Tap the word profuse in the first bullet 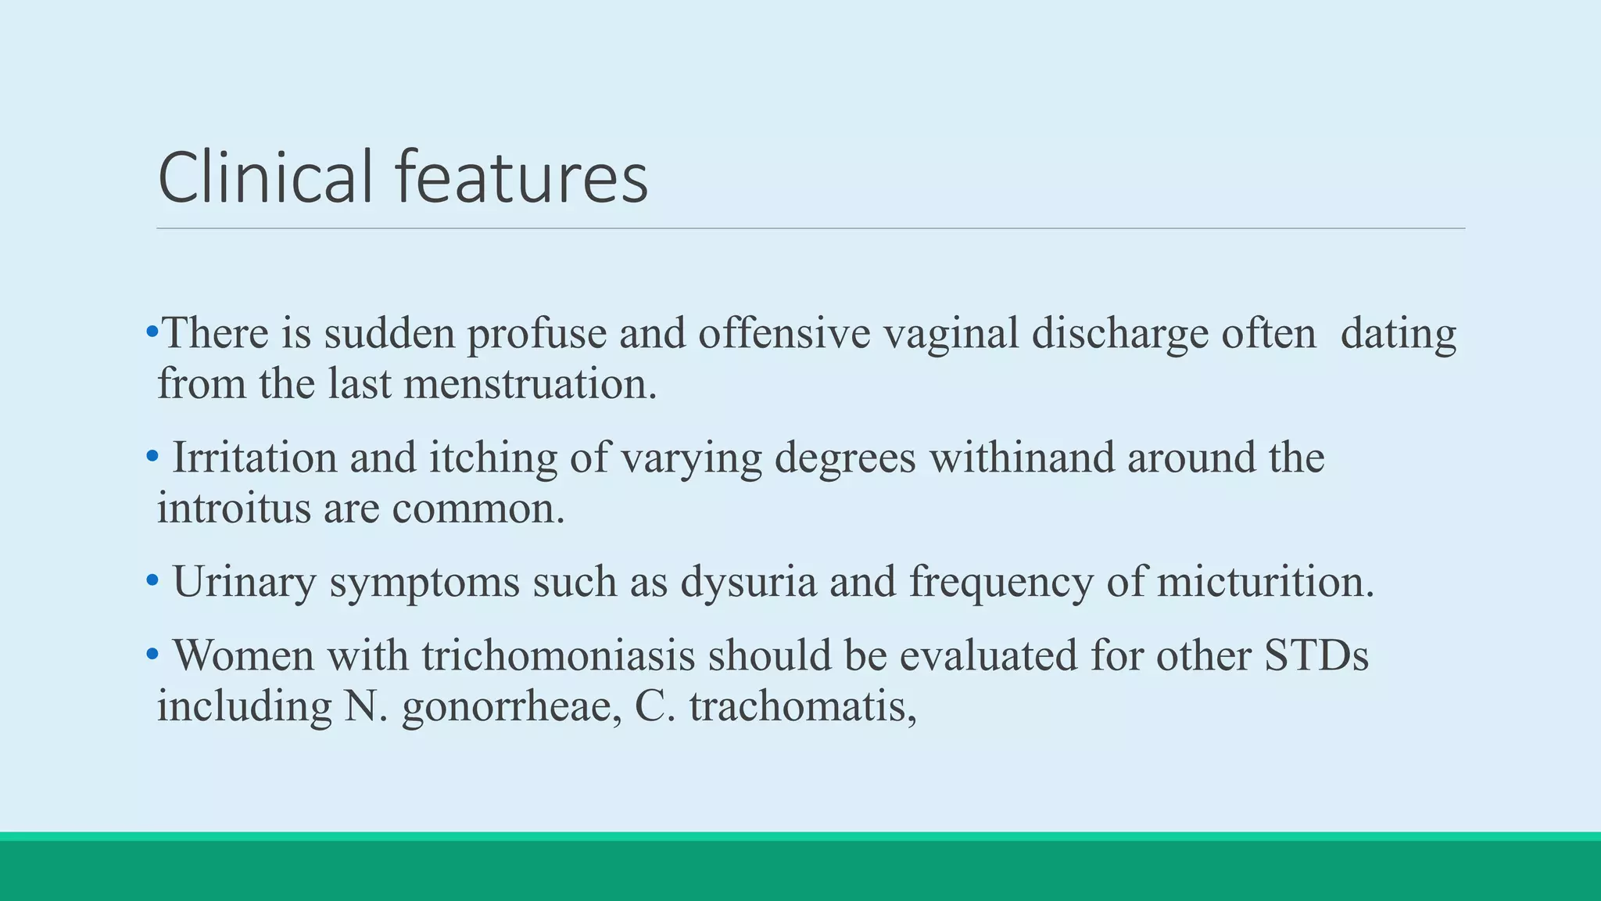[536, 333]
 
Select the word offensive [784, 333]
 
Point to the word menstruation [530, 384]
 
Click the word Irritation [254, 458]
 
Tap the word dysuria [748, 582]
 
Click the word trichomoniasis [558, 655]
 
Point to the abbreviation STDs [1316, 655]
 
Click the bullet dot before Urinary [152, 581]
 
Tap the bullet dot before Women [152, 654]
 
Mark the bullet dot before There [151, 332]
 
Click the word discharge [1119, 333]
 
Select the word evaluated [988, 655]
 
